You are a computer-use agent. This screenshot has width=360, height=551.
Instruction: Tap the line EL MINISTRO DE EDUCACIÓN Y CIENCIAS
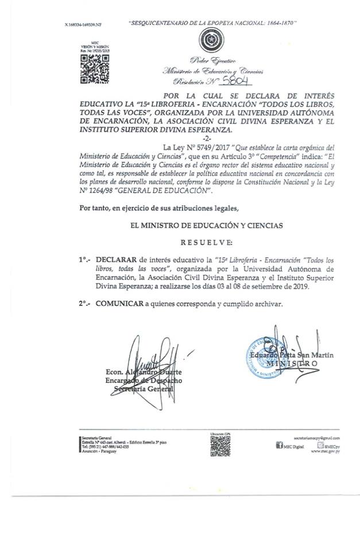click(207, 226)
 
